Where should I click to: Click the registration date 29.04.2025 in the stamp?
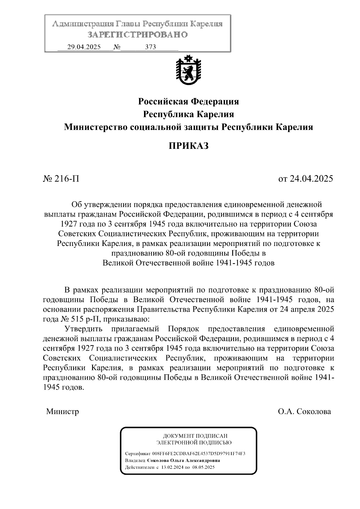(x=84, y=47)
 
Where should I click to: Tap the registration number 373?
(x=150, y=47)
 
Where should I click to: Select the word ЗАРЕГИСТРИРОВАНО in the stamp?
(x=137, y=35)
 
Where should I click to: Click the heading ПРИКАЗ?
(x=188, y=146)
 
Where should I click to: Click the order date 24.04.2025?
(x=311, y=179)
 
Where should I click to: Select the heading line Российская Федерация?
(x=188, y=102)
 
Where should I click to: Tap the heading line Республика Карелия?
(x=188, y=114)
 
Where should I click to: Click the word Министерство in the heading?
(x=96, y=127)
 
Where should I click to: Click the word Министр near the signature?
(x=63, y=412)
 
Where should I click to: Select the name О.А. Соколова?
(x=304, y=412)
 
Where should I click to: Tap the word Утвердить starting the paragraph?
(x=83, y=329)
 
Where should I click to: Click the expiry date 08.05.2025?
(x=203, y=467)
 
